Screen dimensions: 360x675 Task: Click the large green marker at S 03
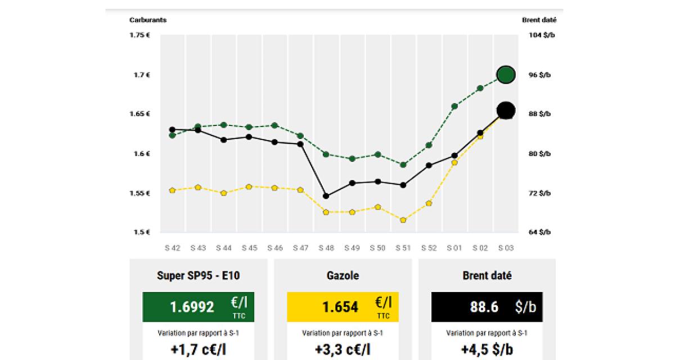coord(506,74)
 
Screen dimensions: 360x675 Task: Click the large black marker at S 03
coord(506,111)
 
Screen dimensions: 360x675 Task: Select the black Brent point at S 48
coord(326,196)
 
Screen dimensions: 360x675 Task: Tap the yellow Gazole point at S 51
coord(403,220)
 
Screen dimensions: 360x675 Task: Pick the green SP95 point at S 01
coord(454,106)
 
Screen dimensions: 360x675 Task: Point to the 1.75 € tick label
coord(139,35)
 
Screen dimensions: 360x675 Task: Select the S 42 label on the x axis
coord(172,247)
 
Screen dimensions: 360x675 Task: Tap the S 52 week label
coord(429,247)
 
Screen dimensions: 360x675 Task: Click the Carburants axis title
coord(148,20)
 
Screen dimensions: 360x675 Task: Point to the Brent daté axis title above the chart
coord(539,20)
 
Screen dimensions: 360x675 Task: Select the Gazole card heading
coord(343,276)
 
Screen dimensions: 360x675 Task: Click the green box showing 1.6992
coord(198,307)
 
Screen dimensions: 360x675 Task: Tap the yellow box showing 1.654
coord(343,307)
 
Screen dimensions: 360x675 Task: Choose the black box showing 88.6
coord(487,307)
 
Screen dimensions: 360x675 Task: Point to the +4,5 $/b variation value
coord(487,349)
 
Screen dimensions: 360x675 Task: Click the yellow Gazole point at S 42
coord(172,190)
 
